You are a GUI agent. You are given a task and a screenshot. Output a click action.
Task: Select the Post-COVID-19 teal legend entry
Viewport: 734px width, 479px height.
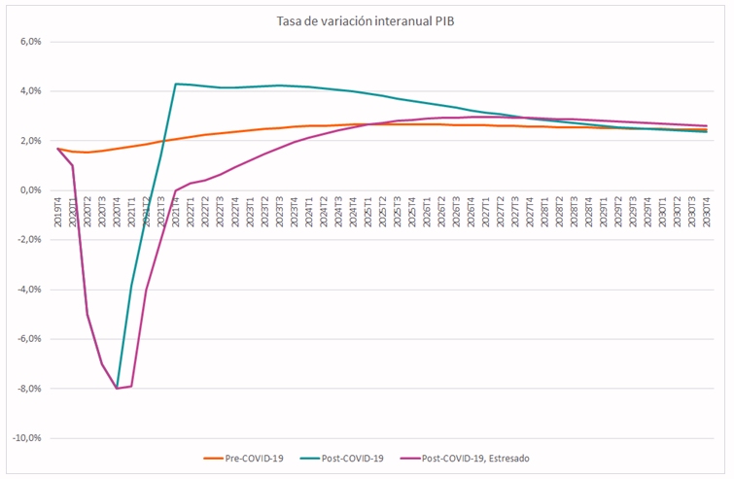[x=356, y=458]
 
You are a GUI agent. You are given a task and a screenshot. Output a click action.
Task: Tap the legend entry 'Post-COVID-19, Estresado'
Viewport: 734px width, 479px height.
[x=476, y=458]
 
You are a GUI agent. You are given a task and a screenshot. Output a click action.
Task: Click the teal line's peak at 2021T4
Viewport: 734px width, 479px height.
[x=176, y=84]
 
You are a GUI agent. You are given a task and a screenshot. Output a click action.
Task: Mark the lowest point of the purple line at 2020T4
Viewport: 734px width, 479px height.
[x=117, y=389]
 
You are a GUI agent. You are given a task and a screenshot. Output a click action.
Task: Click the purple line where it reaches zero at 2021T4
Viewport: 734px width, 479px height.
[x=176, y=190]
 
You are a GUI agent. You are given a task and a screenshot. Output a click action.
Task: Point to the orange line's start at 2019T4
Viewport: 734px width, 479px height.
[x=57, y=149]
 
